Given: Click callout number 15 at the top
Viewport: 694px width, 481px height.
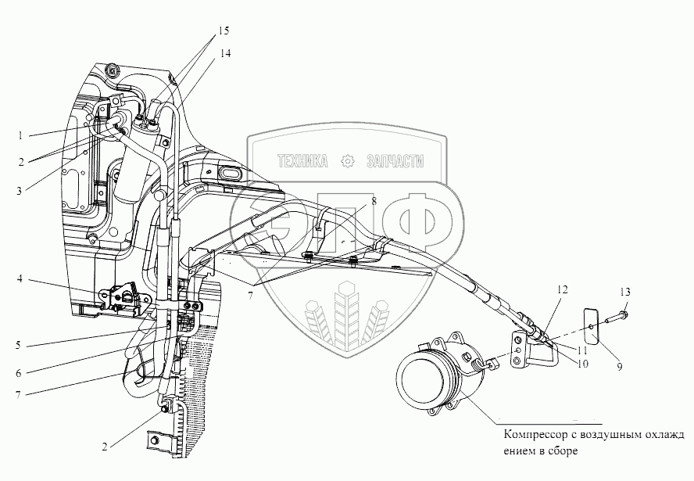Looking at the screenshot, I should (x=224, y=31).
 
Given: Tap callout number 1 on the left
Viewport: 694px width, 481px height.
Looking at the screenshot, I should (x=20, y=135).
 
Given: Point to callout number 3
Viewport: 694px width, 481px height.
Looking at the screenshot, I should (x=20, y=190).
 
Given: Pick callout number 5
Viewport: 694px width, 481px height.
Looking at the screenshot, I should (x=20, y=343).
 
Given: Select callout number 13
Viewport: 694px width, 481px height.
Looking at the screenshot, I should (x=624, y=292).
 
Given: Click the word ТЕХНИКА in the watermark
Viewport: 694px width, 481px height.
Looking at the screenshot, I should (x=300, y=162).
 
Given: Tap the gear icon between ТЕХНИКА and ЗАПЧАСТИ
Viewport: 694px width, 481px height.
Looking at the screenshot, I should (x=347, y=162).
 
